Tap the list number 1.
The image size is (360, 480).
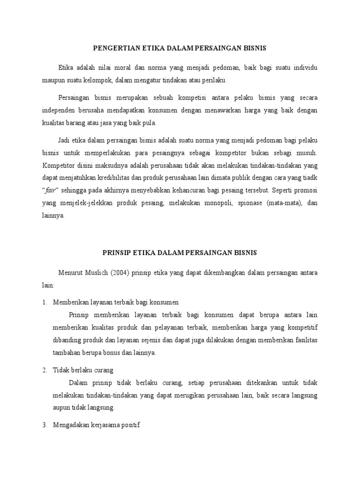click(x=44, y=302)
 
